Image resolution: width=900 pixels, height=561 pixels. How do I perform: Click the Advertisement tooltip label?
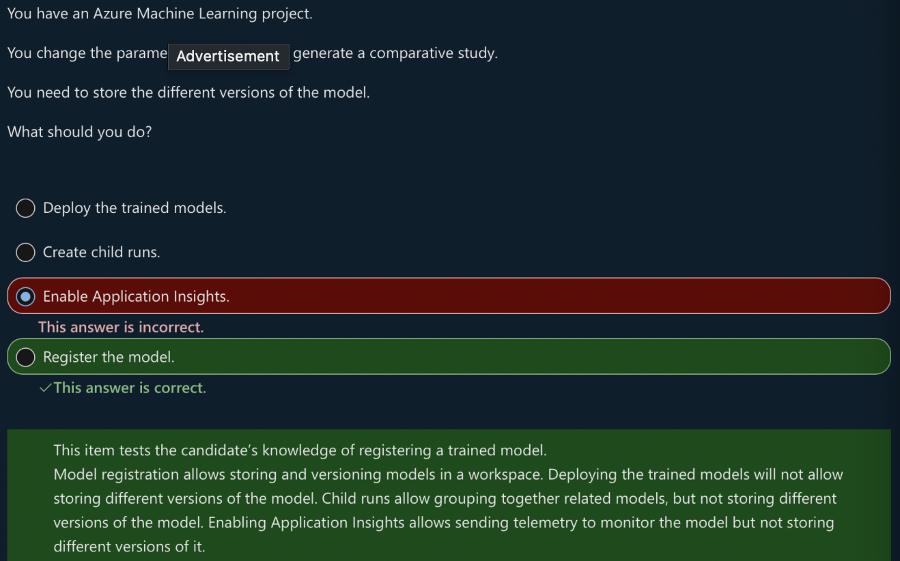[228, 56]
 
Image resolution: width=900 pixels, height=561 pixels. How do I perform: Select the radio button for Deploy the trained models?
[25, 208]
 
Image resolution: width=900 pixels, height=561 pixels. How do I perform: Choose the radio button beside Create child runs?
[25, 253]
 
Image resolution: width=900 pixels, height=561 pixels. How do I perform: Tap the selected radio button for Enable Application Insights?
[25, 296]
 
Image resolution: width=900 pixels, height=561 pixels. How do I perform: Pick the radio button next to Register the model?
[25, 357]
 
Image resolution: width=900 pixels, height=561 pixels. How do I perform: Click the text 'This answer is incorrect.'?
[121, 328]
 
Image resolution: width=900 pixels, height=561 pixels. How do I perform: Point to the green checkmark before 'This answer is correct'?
[45, 388]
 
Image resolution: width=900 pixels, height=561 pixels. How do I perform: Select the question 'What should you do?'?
[79, 132]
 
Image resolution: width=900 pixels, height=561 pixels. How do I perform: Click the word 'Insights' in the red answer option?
[199, 296]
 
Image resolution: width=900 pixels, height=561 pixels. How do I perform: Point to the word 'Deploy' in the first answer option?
[66, 208]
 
